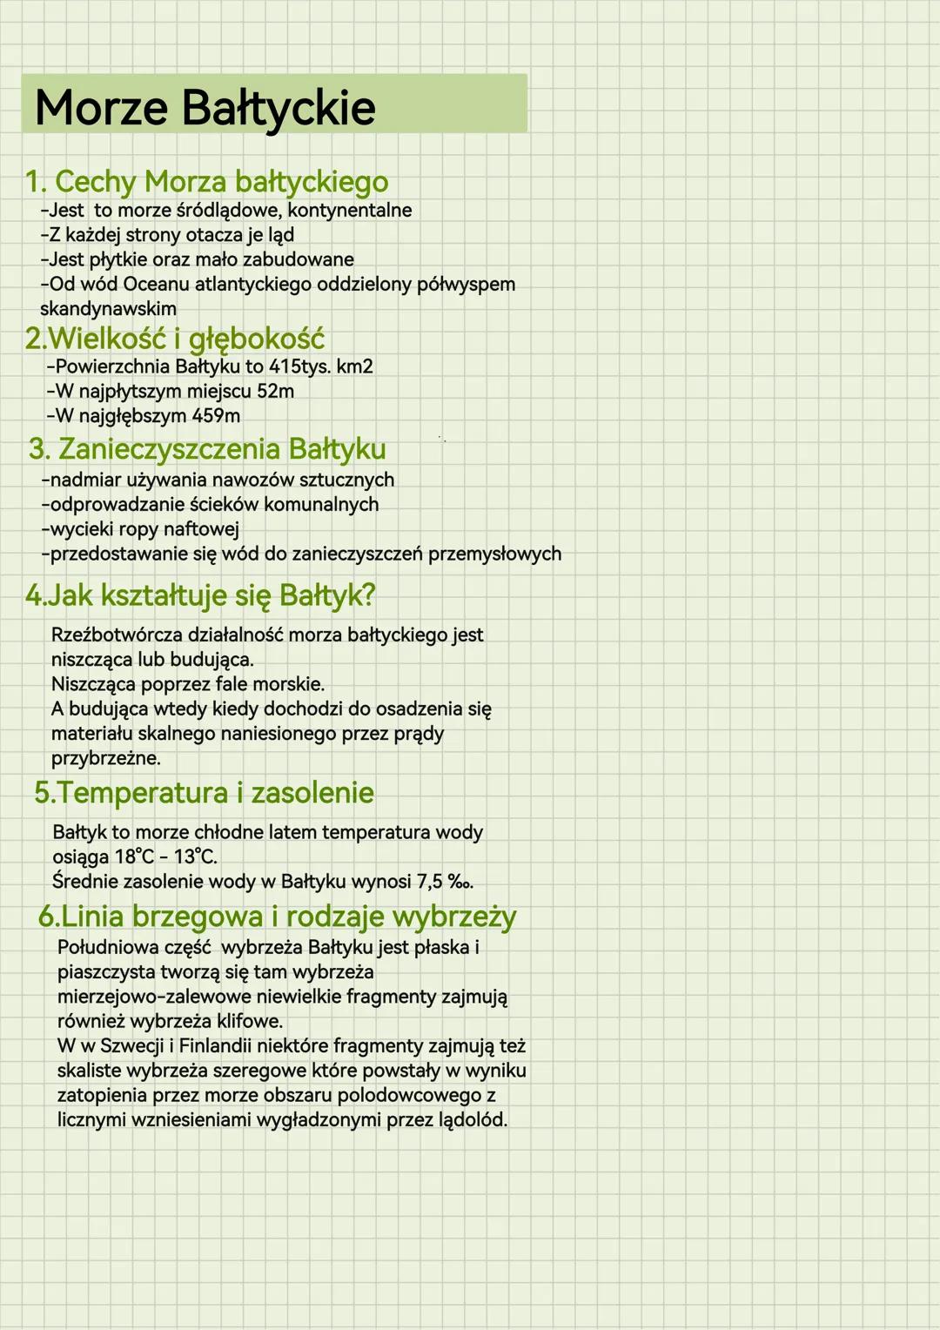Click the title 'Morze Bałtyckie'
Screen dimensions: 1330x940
click(205, 108)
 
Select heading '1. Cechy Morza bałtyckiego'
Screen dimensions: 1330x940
click(206, 182)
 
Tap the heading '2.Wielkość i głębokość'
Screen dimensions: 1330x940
click(175, 339)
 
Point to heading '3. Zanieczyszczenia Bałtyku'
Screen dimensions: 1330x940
click(207, 449)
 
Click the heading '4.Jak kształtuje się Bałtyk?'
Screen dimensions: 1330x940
click(200, 595)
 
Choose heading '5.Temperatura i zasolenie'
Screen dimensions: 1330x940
click(205, 793)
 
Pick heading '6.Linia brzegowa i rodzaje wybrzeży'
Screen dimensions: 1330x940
click(277, 917)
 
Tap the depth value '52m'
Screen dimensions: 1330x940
click(275, 392)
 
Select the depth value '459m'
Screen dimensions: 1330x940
click(216, 416)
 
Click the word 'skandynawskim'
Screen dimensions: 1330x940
click(108, 309)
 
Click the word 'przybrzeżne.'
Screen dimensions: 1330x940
click(106, 758)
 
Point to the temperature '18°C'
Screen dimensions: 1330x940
click(134, 856)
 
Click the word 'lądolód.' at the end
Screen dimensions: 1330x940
click(473, 1120)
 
